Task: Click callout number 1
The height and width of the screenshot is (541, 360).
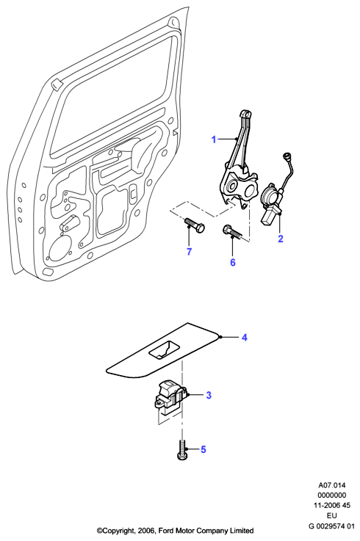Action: [214, 139]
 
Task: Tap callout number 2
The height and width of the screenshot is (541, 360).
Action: [281, 239]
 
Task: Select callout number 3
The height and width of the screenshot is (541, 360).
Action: [209, 395]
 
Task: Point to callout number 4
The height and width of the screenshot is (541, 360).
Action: [245, 338]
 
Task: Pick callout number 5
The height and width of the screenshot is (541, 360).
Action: [204, 449]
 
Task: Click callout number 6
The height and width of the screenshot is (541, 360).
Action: [233, 262]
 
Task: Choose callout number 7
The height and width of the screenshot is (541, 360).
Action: [189, 252]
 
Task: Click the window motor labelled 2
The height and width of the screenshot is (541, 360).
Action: [272, 206]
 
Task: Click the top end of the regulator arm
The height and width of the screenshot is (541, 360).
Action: [245, 114]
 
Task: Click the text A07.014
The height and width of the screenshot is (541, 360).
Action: [331, 485]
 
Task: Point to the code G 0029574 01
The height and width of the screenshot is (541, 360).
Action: [331, 526]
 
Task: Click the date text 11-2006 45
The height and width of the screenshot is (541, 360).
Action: [331, 506]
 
